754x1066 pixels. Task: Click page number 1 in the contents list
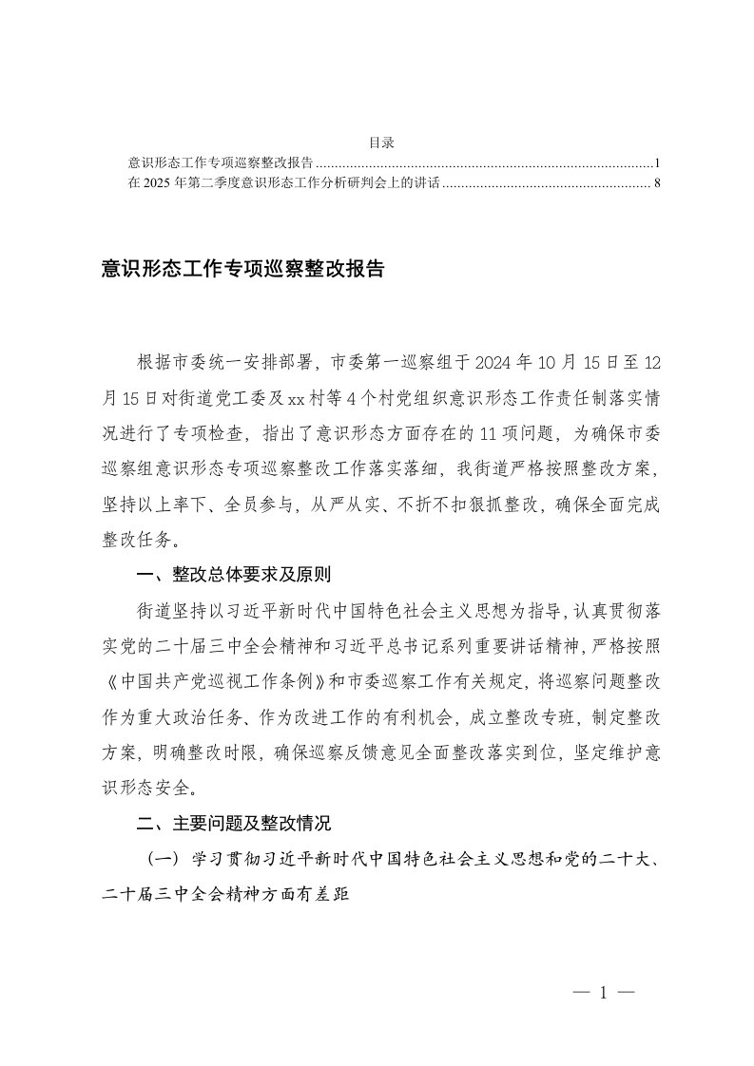pyautogui.click(x=658, y=163)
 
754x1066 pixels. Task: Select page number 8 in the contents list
pyautogui.click(x=657, y=182)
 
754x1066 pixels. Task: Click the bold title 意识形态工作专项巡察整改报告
pyautogui.click(x=242, y=270)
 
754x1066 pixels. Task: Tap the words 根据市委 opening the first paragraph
pyautogui.click(x=173, y=362)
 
